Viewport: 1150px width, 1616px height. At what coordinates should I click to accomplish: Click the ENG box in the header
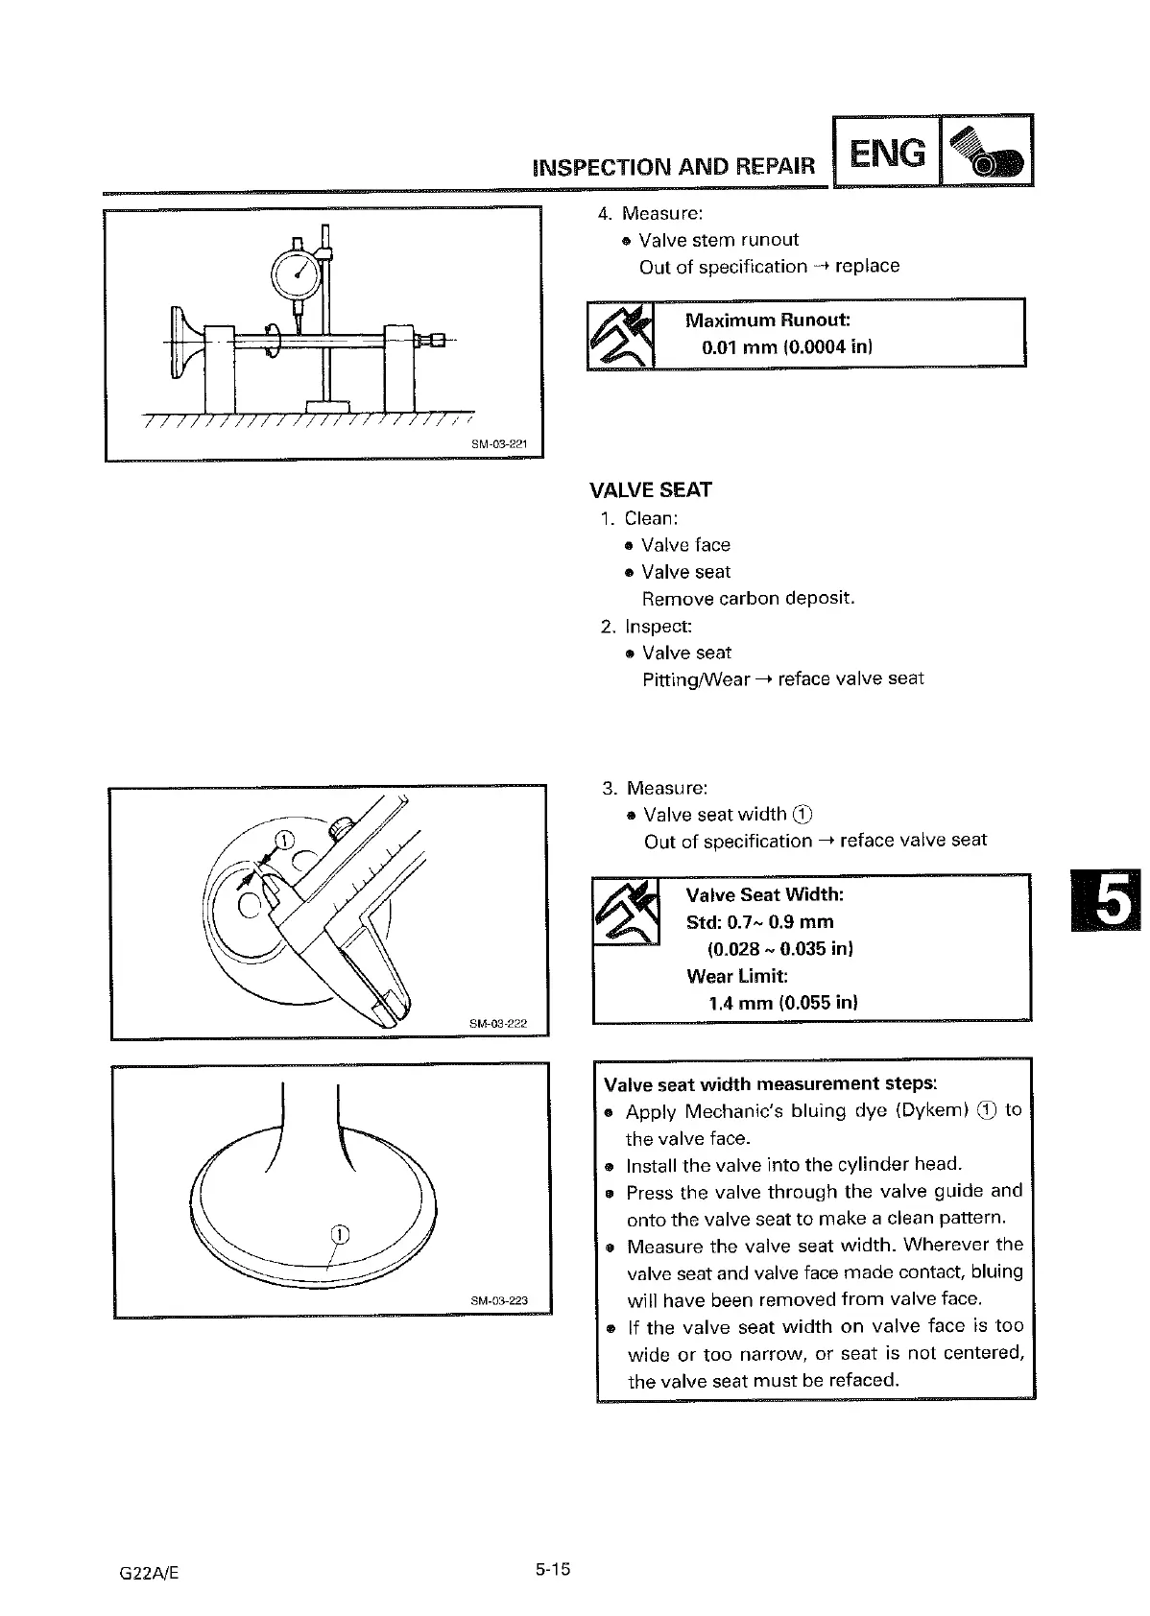coord(887,152)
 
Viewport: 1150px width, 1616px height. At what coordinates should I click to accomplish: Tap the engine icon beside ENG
coord(986,152)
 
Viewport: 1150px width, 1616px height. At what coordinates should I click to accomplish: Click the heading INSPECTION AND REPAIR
coord(673,168)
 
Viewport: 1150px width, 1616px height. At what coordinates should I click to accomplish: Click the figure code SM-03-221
coord(496,444)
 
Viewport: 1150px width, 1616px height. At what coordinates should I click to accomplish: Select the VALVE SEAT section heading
coord(650,490)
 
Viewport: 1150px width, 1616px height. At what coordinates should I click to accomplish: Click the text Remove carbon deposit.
coord(748,599)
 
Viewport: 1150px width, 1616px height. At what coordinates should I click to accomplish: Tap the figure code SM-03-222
coord(498,1024)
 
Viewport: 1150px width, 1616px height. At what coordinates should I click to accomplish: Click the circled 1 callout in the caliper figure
coord(284,842)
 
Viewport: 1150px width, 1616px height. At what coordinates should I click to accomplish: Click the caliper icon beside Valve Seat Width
coord(627,913)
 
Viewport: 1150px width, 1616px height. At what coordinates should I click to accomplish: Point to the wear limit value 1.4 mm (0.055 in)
coord(782,1004)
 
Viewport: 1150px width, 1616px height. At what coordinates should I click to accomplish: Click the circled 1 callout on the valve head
coord(340,1234)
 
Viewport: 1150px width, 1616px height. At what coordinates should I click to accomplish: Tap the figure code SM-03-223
coord(499,1301)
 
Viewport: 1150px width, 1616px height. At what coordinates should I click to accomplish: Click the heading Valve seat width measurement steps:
coord(770,1084)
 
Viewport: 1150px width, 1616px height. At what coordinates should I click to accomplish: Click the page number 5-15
coord(553,1570)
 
